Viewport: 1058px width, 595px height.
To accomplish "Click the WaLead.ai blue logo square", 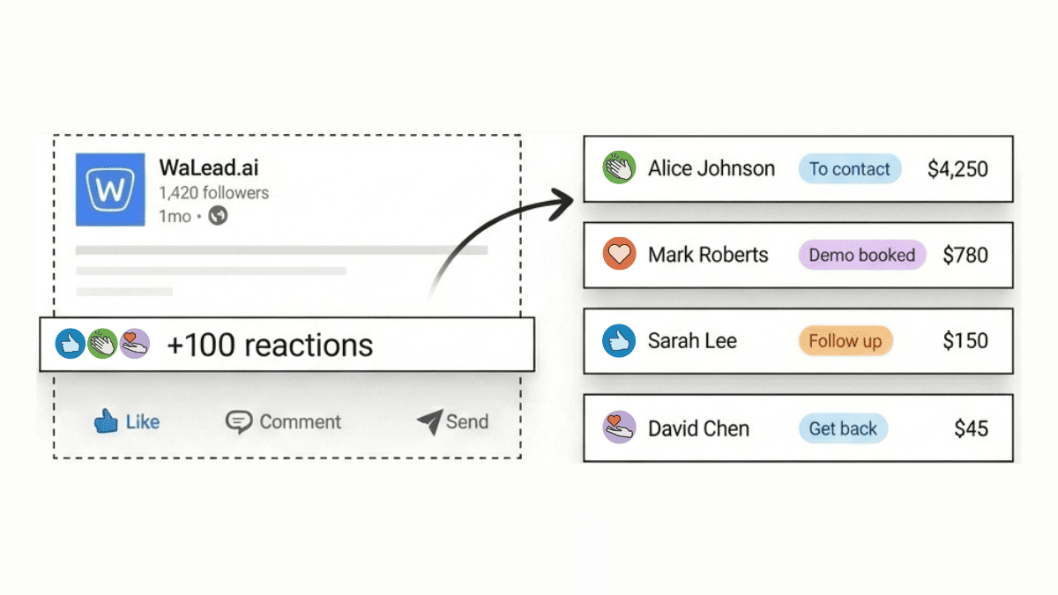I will [x=110, y=190].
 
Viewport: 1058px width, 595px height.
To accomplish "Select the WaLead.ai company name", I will [x=209, y=167].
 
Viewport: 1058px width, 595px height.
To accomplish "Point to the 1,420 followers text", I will [x=214, y=193].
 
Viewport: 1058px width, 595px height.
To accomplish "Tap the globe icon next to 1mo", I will [x=218, y=216].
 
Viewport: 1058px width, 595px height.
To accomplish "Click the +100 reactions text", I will [x=270, y=345].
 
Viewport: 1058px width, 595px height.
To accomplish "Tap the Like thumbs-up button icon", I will [x=107, y=421].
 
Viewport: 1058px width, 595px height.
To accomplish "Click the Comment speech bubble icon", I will [x=238, y=422].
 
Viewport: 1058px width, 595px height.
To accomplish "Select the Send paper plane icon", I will [x=429, y=422].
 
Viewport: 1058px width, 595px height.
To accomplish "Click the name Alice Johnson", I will [x=712, y=168].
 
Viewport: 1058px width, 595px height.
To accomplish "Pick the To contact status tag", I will [x=850, y=169].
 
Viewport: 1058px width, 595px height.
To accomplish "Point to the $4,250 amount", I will [x=957, y=169].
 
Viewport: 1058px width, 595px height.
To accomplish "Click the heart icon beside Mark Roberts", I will [x=620, y=255].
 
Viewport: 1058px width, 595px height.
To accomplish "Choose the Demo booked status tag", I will [x=862, y=255].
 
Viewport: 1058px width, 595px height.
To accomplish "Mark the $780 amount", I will [x=965, y=256].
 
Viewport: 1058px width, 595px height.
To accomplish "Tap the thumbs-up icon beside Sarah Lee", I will [x=620, y=341].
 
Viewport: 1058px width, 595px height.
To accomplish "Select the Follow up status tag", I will [x=846, y=341].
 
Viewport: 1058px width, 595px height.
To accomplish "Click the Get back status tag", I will [x=843, y=429].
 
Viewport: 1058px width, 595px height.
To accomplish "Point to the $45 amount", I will [x=972, y=429].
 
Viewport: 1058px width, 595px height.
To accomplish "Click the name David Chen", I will [x=698, y=429].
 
